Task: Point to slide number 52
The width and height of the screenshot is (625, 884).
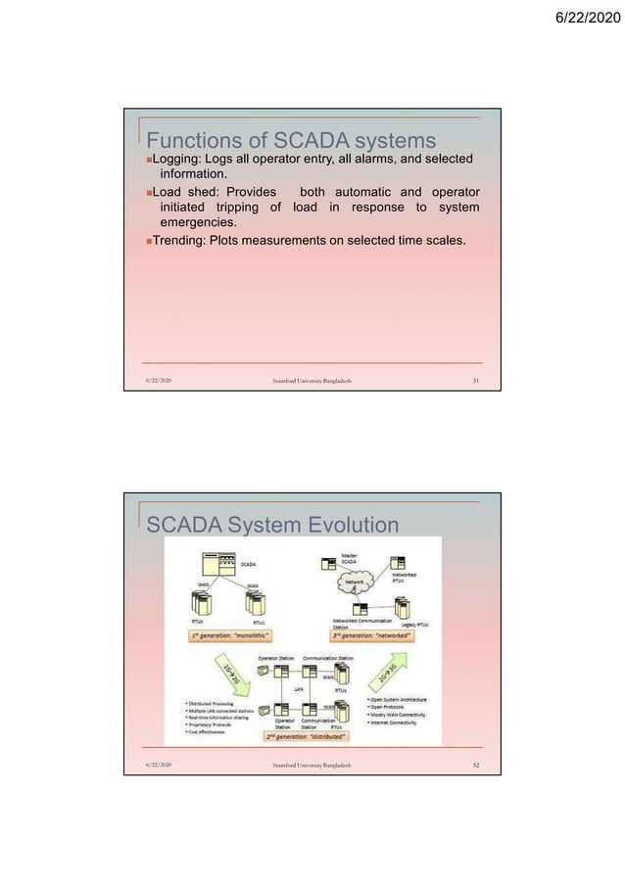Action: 465,763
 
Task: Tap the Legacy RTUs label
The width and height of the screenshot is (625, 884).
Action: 418,623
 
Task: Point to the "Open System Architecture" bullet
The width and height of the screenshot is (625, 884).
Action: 399,699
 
